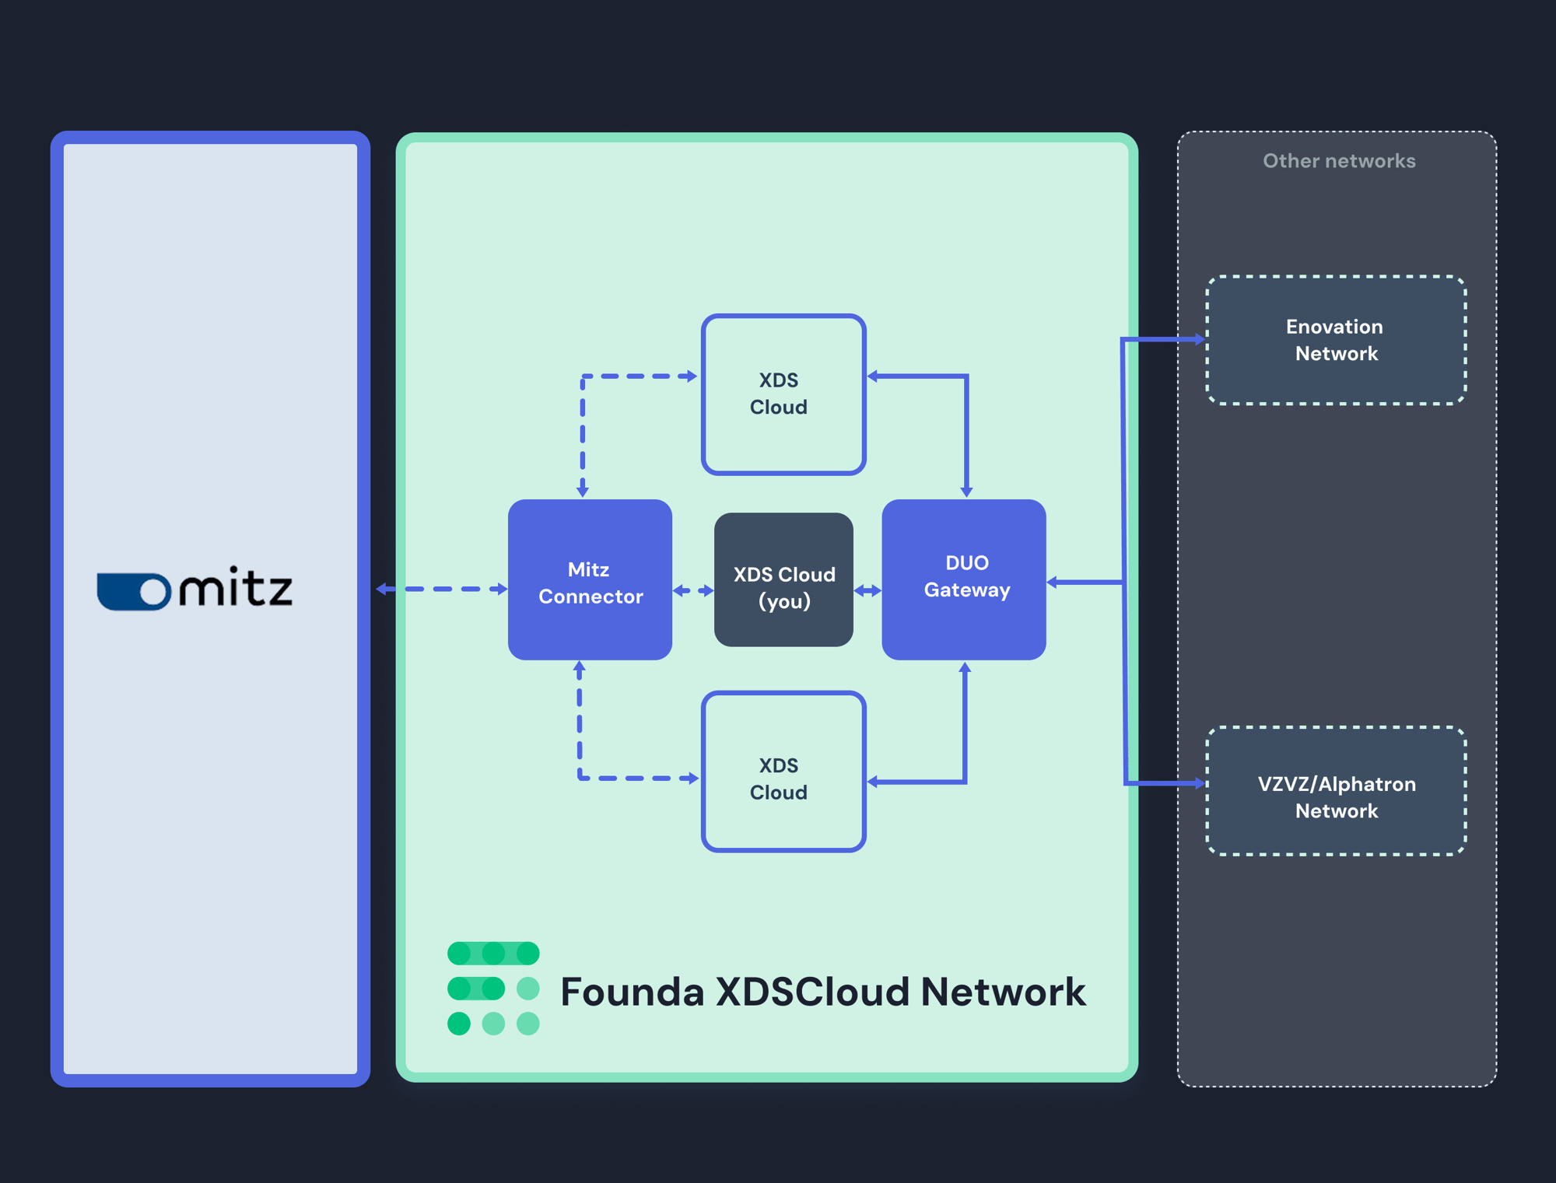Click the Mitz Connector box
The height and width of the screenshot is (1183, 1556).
(x=590, y=579)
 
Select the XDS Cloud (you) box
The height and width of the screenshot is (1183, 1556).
(x=783, y=579)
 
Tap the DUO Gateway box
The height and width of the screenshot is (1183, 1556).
(x=964, y=579)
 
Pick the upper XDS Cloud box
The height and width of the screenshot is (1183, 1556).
(x=783, y=394)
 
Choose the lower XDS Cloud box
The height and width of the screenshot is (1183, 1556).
(x=783, y=772)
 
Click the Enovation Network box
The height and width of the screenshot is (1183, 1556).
(x=1336, y=340)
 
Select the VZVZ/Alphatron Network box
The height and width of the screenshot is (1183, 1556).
(x=1336, y=791)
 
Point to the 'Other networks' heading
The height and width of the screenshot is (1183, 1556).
(x=1339, y=161)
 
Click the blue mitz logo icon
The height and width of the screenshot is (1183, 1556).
(x=134, y=592)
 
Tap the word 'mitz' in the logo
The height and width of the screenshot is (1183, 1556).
(x=237, y=587)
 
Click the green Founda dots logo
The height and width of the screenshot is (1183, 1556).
(x=493, y=988)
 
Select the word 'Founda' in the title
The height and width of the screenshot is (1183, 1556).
(x=632, y=992)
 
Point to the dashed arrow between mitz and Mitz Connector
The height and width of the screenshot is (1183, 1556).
(x=442, y=590)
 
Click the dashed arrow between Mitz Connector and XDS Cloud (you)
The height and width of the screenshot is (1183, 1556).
(x=693, y=591)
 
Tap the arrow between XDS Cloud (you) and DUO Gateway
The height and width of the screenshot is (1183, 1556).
(x=867, y=591)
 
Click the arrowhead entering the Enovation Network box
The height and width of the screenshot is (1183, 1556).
(x=1199, y=339)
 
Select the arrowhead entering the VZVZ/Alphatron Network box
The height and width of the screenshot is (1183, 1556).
(x=1199, y=784)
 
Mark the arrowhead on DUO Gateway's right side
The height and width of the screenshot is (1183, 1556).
(x=1053, y=582)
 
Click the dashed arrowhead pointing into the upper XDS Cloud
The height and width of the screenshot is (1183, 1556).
(x=692, y=376)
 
